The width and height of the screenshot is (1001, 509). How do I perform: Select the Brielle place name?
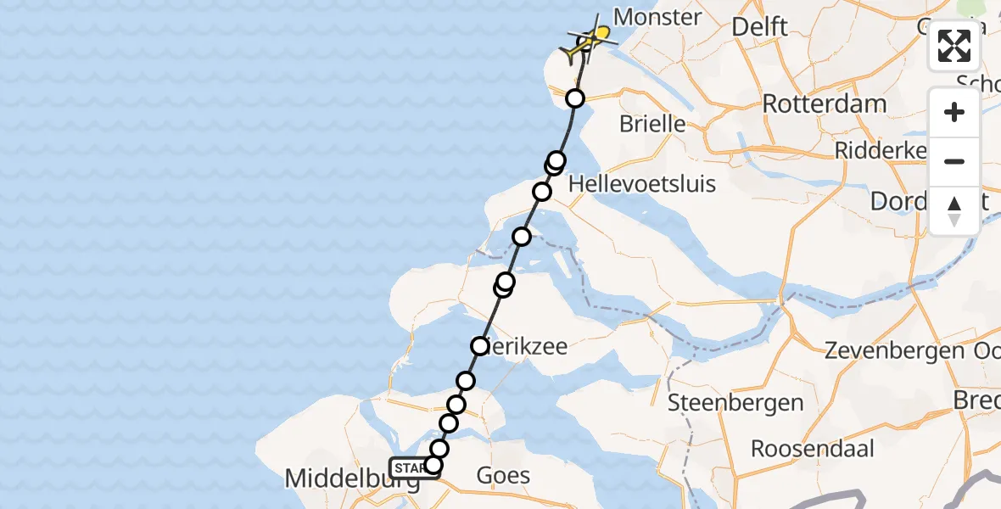coord(652,124)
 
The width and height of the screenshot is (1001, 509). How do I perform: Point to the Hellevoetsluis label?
coord(642,183)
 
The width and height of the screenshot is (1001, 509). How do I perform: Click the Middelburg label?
coord(350,479)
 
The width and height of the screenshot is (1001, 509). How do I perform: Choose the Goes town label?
coord(504,475)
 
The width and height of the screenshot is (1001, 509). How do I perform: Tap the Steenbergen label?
coord(735,402)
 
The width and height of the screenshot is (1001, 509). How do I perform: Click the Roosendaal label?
coord(812,448)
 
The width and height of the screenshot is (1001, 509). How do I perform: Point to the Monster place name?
coord(657,17)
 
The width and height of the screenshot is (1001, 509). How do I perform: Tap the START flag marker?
coord(411,467)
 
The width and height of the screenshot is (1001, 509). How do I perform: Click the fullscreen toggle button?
coord(954,46)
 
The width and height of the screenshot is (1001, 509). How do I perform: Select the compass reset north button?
coord(954,211)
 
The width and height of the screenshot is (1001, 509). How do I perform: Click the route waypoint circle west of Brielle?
coord(575,98)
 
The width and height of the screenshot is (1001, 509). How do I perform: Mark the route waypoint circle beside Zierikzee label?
coord(480,346)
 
